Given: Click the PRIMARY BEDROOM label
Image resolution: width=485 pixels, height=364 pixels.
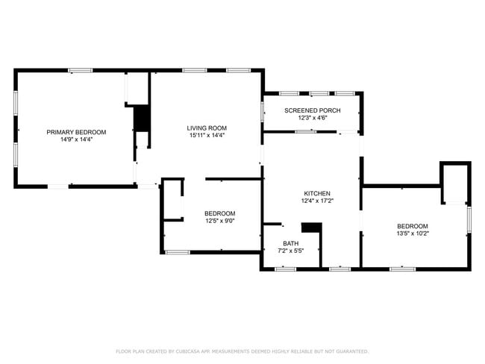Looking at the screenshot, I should coord(76,132).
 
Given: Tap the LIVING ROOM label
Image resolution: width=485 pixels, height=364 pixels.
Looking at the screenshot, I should coord(207,128).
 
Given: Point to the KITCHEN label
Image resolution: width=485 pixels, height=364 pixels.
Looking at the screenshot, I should coord(317,193).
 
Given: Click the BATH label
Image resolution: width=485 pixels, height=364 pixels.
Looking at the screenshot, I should coord(290,243).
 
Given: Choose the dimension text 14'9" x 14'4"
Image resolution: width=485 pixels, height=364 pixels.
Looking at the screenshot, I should coord(76,139).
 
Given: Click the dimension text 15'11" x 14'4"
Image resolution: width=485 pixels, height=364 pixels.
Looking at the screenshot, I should coord(207,135).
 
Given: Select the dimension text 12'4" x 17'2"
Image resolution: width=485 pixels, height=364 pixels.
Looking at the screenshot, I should coord(317,201).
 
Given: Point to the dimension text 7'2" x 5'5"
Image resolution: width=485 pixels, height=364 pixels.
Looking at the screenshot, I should coord(290,251).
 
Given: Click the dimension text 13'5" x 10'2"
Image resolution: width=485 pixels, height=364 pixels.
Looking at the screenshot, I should coord(413,233).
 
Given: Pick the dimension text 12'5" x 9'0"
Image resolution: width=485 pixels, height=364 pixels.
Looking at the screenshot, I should coord(220,220).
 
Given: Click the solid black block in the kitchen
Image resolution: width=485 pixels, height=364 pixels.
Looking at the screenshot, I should coord(310,228).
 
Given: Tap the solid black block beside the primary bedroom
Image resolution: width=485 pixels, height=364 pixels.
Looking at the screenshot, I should coord(141,119).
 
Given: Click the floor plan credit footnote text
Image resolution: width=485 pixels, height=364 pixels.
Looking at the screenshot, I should coord(242,351).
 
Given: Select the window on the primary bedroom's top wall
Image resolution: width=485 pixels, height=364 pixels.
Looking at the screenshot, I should coord(81,71).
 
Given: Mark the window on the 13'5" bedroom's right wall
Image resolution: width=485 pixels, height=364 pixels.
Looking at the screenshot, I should coord(469,219).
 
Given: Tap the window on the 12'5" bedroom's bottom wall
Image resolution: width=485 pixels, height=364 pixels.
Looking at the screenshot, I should coord(177,252).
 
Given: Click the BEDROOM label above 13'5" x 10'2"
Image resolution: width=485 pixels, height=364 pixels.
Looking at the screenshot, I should coord(413,226).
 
